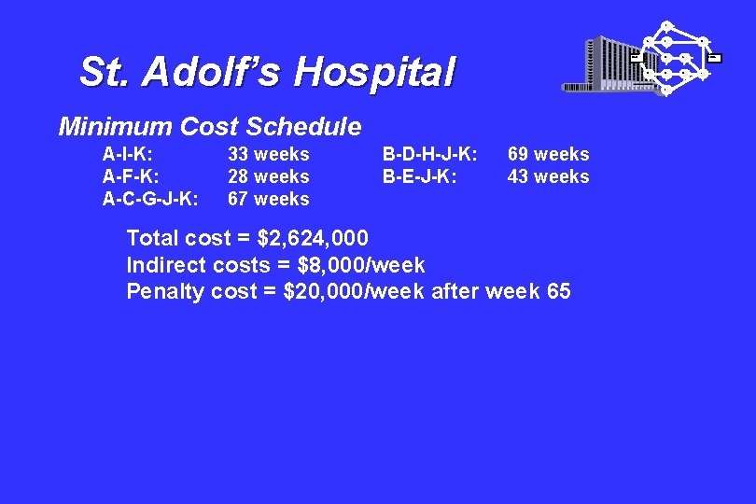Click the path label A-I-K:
(x=128, y=154)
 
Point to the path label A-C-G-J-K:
(x=150, y=199)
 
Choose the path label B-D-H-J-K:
(x=430, y=154)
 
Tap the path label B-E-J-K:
(x=419, y=176)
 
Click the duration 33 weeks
(x=269, y=154)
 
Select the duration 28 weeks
(x=269, y=176)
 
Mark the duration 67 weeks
(x=269, y=199)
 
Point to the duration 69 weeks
(x=549, y=154)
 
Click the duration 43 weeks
(x=549, y=176)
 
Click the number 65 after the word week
(x=559, y=292)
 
